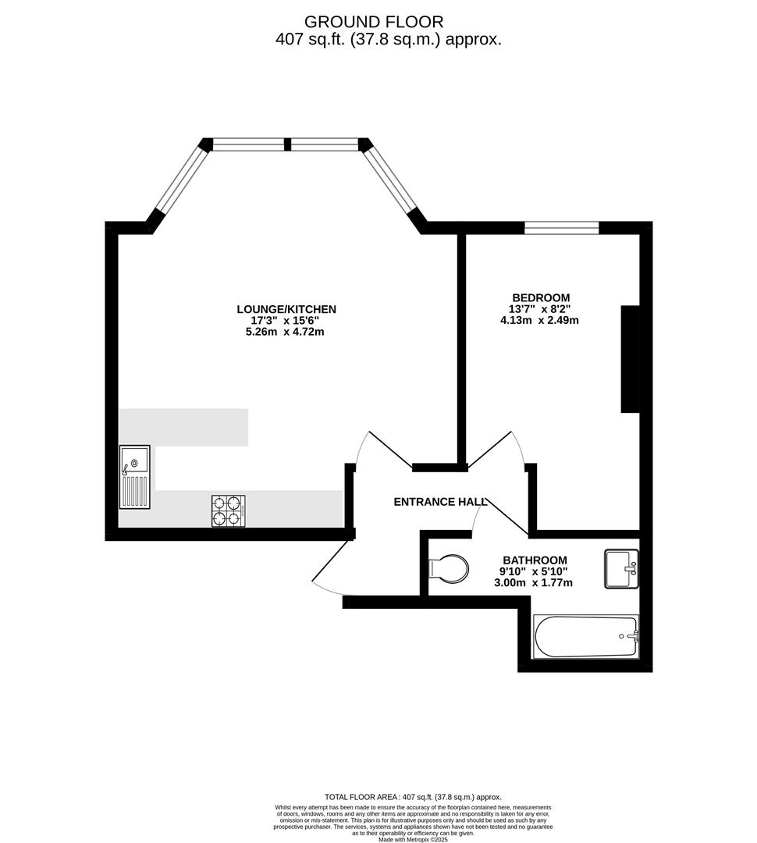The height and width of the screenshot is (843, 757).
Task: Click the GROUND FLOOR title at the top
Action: pyautogui.click(x=374, y=22)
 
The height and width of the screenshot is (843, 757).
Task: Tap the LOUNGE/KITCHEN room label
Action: pyautogui.click(x=286, y=309)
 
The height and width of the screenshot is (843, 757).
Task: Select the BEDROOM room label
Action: pyautogui.click(x=541, y=297)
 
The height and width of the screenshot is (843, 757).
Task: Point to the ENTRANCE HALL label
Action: pyautogui.click(x=440, y=502)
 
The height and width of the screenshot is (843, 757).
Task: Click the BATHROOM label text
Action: pyautogui.click(x=535, y=560)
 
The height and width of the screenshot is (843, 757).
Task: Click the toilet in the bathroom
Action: pyautogui.click(x=449, y=568)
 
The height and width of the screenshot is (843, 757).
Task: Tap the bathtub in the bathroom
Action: pyautogui.click(x=585, y=637)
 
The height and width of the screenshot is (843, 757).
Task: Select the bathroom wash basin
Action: pyautogui.click(x=621, y=568)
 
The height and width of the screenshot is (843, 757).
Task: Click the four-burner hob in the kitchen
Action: pyautogui.click(x=229, y=510)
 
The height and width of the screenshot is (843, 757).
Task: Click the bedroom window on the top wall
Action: pyautogui.click(x=561, y=228)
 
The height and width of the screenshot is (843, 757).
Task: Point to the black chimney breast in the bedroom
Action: pyautogui.click(x=631, y=358)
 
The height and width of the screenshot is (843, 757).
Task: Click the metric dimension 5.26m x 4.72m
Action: pyautogui.click(x=285, y=332)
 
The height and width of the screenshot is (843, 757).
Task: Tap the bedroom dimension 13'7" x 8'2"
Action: pyautogui.click(x=539, y=309)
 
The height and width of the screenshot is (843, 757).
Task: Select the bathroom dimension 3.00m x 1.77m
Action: pyautogui.click(x=533, y=583)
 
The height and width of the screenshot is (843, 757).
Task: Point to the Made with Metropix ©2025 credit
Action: pyautogui.click(x=413, y=839)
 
